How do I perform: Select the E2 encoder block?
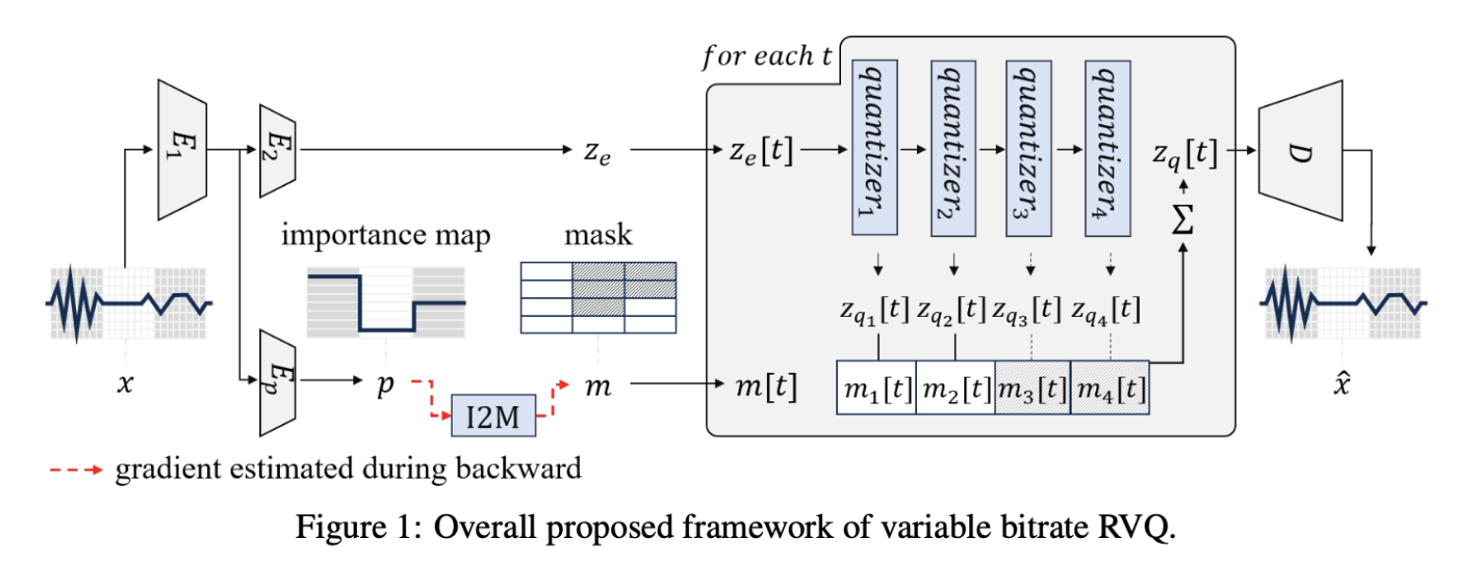click(278, 150)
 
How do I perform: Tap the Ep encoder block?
click(277, 382)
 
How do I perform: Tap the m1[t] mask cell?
click(876, 388)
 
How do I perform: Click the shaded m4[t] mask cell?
click(1110, 388)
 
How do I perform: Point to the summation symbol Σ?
click(1183, 220)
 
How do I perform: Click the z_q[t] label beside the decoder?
click(1184, 153)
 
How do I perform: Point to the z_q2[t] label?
click(954, 308)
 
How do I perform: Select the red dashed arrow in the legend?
click(75, 468)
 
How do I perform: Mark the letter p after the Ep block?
click(383, 387)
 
